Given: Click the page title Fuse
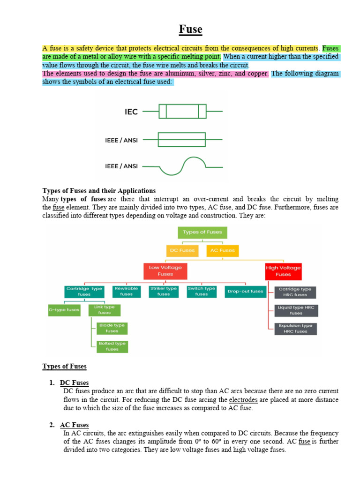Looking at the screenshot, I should click(190, 30).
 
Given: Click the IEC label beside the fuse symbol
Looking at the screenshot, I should click(131, 112).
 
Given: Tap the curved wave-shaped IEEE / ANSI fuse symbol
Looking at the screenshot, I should click(183, 166).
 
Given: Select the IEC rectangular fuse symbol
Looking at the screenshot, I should click(182, 112).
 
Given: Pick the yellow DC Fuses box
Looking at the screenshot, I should click(181, 250).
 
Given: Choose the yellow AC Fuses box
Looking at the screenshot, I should click(223, 250).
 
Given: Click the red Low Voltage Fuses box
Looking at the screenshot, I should click(165, 271).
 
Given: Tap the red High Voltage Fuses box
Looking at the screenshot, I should click(283, 271).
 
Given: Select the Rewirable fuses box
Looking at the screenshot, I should click(127, 292).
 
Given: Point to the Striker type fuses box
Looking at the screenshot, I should click(164, 292).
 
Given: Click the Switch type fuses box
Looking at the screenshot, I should click(202, 292).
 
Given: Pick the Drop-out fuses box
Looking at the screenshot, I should click(245, 292).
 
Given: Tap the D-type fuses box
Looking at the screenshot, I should click(64, 310).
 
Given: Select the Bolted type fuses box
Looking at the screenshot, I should click(112, 346).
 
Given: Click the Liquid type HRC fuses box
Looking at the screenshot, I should click(296, 310).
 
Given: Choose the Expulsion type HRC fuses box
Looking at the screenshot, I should click(295, 329).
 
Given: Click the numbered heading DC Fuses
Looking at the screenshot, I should click(75, 383).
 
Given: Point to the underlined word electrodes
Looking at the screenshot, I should click(243, 400).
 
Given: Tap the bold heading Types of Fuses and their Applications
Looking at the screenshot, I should click(99, 191).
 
